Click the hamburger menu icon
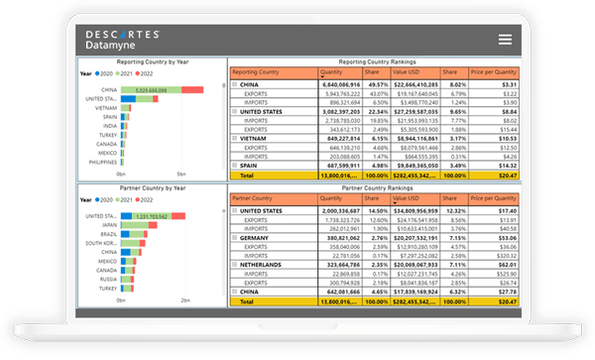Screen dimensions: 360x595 [505, 39]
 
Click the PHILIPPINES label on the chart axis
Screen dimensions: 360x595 [100, 163]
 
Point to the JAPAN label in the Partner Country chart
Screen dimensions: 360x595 [107, 224]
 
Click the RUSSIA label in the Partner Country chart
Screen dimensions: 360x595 [107, 279]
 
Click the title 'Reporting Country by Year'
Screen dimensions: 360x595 [152, 62]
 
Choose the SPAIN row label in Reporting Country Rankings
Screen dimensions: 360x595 [252, 165]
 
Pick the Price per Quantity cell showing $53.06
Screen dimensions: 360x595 [503, 238]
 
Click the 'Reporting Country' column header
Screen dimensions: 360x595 [258, 72]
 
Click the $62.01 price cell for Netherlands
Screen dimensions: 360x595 [503, 265]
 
